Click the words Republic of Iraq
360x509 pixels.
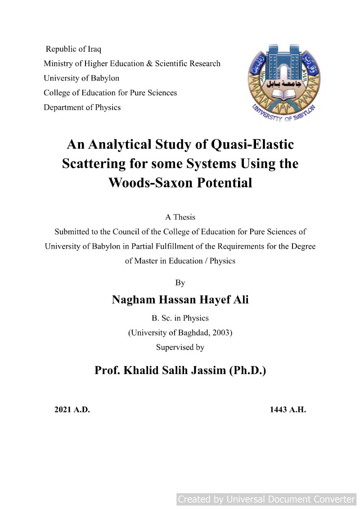(73, 49)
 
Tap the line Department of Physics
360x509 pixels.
(82, 107)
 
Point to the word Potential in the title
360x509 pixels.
(222, 183)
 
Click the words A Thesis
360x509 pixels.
(180, 217)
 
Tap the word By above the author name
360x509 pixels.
(180, 283)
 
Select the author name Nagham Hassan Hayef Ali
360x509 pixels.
(180, 300)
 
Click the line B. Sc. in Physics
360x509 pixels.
(180, 318)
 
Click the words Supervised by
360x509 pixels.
(180, 347)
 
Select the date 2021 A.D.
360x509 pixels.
(72, 410)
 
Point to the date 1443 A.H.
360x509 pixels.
(288, 410)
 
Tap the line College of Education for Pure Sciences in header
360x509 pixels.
(110, 93)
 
